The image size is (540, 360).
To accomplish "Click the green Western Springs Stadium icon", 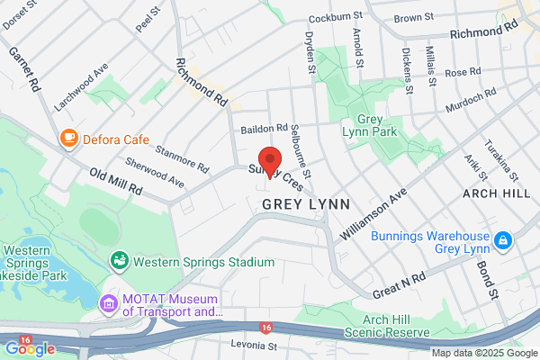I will click(x=119, y=261).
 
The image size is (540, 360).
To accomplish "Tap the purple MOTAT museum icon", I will click(x=110, y=304).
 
